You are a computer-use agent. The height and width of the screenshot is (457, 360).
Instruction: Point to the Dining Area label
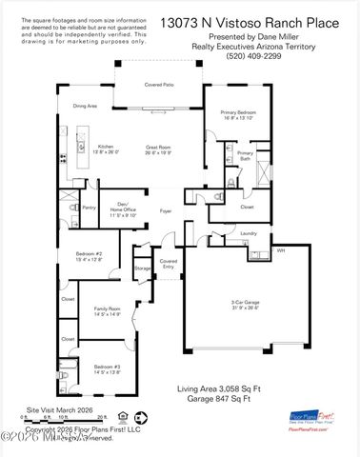click(85, 106)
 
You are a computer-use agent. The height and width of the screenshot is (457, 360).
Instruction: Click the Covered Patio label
click(158, 85)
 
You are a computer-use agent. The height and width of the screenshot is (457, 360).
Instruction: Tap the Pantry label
click(89, 207)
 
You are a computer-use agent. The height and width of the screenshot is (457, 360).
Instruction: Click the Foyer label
click(165, 211)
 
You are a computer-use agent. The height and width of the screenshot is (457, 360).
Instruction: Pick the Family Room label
click(106, 311)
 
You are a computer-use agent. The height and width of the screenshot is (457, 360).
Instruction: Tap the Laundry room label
click(249, 232)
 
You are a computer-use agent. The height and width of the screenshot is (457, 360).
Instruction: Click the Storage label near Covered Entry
click(143, 269)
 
